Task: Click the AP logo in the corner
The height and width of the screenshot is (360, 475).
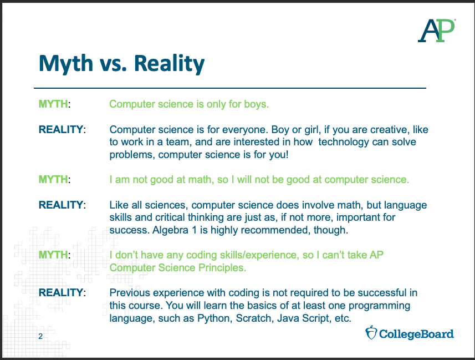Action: pyautogui.click(x=437, y=31)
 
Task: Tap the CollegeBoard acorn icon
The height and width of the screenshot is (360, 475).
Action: pyautogui.click(x=371, y=332)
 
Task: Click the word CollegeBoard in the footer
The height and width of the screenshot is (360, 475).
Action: pyautogui.click(x=416, y=334)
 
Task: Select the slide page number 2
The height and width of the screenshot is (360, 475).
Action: pyautogui.click(x=40, y=336)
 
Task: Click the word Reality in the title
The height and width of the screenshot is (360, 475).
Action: pyautogui.click(x=169, y=64)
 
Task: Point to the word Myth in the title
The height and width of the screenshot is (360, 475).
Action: pyautogui.click(x=66, y=64)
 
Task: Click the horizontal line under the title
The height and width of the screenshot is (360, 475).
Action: pyautogui.click(x=230, y=88)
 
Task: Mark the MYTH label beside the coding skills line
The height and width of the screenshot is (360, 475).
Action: pyautogui.click(x=53, y=255)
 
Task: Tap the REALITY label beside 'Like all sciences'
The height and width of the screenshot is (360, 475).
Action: pyautogui.click(x=61, y=205)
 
